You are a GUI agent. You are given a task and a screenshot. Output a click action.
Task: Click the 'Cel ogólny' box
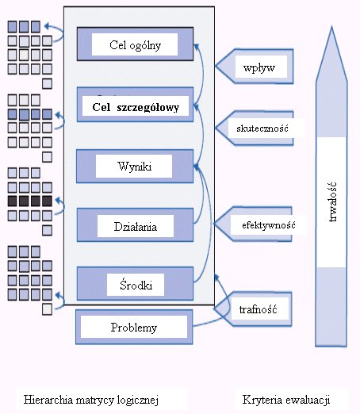(x=135, y=44)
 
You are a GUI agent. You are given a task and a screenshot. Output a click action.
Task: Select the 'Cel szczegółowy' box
(x=135, y=105)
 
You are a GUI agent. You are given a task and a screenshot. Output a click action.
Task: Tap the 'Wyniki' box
(x=135, y=167)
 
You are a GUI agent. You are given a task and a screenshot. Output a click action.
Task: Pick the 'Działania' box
(x=135, y=225)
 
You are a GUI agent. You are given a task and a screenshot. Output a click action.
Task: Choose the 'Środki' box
(x=135, y=284)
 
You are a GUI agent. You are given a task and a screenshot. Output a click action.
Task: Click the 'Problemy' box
(x=134, y=327)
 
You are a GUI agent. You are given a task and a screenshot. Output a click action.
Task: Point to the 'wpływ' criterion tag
(x=255, y=66)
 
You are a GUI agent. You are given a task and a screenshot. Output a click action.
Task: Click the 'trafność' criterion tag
(x=253, y=309)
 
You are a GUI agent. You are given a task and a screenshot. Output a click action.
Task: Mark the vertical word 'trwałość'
(x=332, y=201)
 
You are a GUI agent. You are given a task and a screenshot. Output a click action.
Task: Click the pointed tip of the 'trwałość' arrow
(x=331, y=26)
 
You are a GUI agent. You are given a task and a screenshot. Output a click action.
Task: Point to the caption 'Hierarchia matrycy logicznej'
(x=91, y=400)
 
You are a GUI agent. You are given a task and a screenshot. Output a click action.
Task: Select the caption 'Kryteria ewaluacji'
(x=286, y=400)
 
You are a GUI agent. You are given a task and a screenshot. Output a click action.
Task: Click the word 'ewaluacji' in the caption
(x=308, y=400)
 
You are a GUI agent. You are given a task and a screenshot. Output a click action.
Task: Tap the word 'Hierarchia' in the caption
(x=48, y=400)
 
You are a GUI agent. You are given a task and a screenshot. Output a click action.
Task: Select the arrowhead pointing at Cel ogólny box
(x=196, y=47)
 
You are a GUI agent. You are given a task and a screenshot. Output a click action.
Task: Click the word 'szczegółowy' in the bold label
(x=148, y=108)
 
